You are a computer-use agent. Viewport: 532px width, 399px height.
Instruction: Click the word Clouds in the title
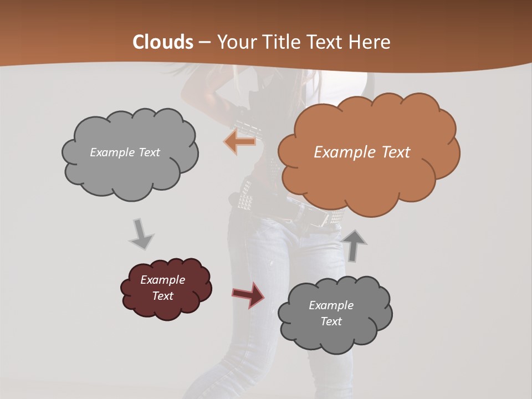[163, 42]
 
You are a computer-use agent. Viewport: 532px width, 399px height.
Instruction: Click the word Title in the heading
[282, 42]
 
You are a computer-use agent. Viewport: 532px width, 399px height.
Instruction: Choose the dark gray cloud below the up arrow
[335, 332]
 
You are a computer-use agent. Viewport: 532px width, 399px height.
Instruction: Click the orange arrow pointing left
[241, 142]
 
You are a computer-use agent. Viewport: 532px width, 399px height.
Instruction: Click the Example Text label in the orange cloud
[362, 152]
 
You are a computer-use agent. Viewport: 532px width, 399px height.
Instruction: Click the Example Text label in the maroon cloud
[163, 288]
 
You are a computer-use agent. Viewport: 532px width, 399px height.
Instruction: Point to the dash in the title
[204, 42]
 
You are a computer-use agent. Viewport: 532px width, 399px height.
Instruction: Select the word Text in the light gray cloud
[148, 152]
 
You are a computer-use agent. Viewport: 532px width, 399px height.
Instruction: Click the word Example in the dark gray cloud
[331, 305]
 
